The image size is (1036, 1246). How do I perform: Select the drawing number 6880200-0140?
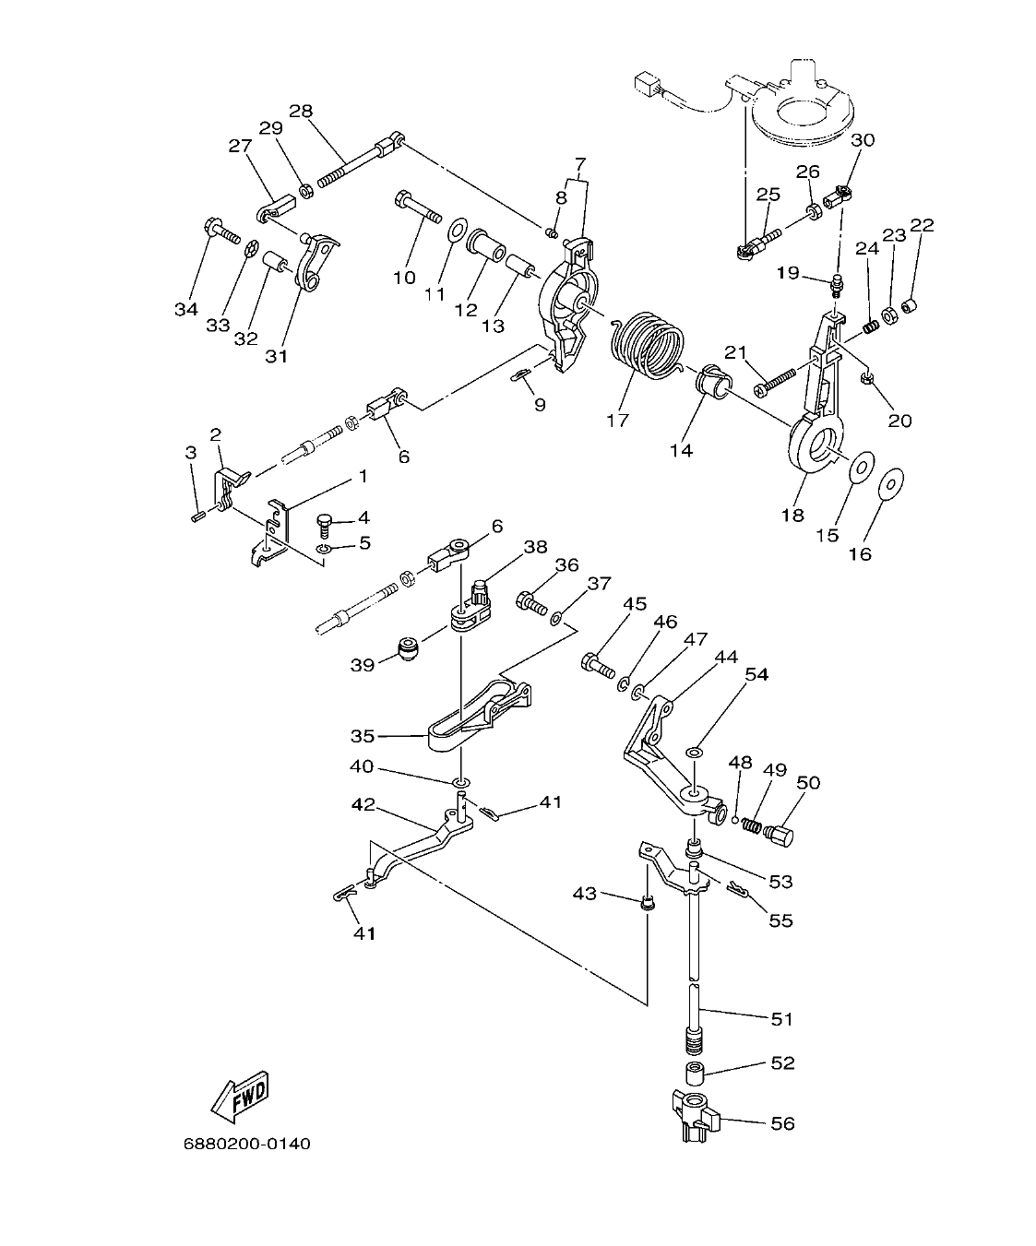click(246, 1145)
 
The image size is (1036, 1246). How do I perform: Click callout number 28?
click(300, 112)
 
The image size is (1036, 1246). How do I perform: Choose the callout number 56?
click(781, 1123)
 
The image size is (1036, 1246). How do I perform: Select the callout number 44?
click(726, 657)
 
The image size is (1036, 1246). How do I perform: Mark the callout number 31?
click(277, 355)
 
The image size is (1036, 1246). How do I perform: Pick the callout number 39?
click(362, 664)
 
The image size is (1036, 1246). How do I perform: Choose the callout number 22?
click(922, 225)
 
